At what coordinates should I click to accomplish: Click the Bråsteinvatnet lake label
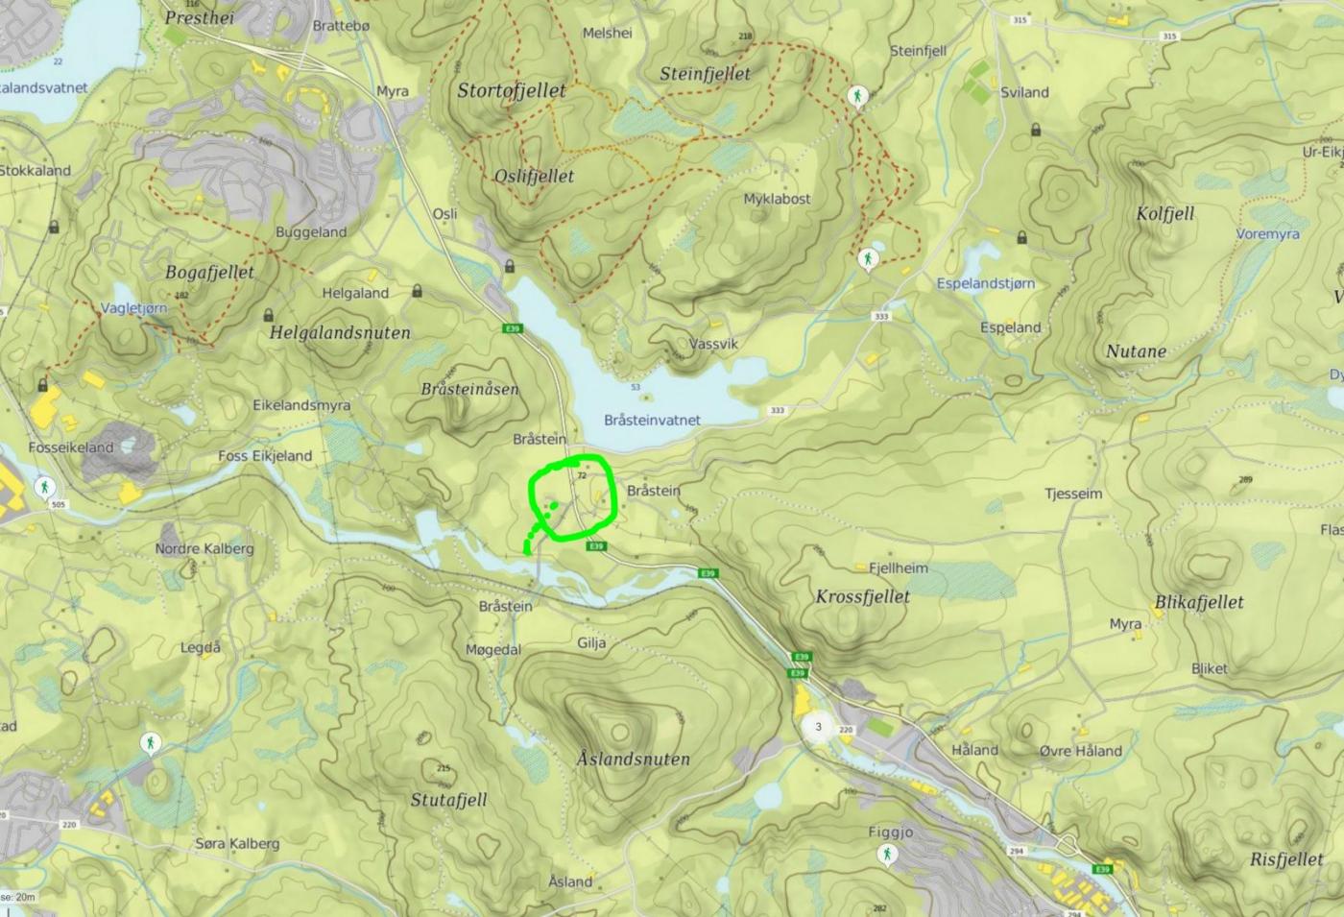pos(652,420)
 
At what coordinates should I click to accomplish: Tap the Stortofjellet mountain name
pos(511,90)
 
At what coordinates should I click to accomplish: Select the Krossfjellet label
pos(862,596)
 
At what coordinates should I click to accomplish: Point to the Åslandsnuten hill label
pos(633,759)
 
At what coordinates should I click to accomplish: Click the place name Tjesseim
pos(1073,494)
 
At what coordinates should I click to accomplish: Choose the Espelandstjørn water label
pos(985,283)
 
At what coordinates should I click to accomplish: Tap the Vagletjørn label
pos(133,308)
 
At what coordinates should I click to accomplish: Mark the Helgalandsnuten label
pos(340,333)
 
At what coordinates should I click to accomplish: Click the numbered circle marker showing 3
pos(818,727)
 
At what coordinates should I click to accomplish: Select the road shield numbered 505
pos(59,504)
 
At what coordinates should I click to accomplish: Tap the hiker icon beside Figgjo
pos(887,854)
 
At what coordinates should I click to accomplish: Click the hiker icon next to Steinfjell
pos(857,96)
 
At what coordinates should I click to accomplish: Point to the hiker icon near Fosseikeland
pos(43,487)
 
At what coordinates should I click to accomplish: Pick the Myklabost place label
pos(777,199)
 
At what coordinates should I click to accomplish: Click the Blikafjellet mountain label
pos(1199,602)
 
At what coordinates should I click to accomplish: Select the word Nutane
pos(1136,351)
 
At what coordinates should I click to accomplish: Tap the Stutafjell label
pos(448,800)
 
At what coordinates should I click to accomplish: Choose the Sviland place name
pos(1024,92)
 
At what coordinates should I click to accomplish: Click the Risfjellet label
pos(1286,859)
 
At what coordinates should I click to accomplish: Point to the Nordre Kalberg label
pos(204,548)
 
